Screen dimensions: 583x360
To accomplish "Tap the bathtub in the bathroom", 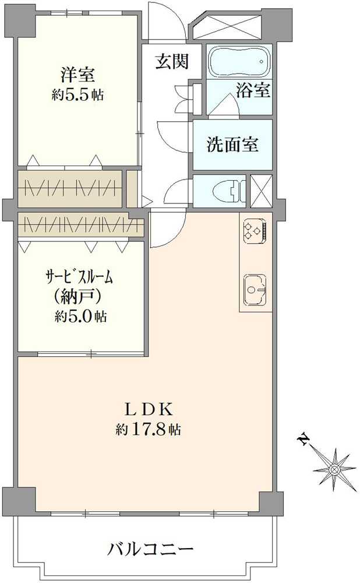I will pos(239,61).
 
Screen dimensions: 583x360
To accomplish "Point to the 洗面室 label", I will pos(232,145).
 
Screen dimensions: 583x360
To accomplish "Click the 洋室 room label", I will pos(77,75).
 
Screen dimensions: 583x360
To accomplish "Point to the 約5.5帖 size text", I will pos(77,95).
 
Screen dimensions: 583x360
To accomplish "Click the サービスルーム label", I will pos(79,276).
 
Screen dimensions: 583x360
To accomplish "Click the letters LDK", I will pos(146,408).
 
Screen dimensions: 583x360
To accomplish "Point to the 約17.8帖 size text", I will pos(147,430).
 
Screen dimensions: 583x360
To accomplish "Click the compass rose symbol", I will pos(334,468).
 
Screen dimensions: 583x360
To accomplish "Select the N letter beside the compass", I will pos(303,438).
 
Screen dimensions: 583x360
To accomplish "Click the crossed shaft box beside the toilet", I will pos(260,191).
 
